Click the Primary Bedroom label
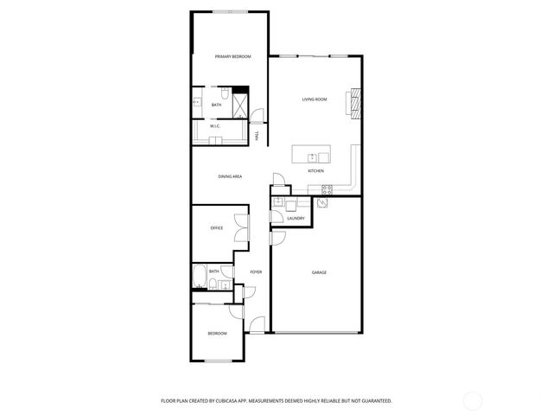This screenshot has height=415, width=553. click(x=232, y=56)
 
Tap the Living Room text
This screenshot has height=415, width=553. click(x=314, y=99)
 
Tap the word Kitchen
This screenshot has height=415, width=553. click(x=316, y=171)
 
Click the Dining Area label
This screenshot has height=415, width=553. click(x=230, y=176)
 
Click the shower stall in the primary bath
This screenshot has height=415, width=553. click(x=240, y=104)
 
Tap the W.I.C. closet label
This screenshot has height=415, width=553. click(x=214, y=126)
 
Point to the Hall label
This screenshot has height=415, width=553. click(x=257, y=136)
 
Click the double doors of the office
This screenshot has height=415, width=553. click(x=248, y=227)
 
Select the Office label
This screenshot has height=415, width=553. click(x=217, y=228)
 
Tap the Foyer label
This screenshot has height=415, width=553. click(x=256, y=272)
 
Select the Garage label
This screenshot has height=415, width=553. click(x=319, y=272)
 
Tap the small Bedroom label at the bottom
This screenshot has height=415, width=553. click(x=217, y=334)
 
